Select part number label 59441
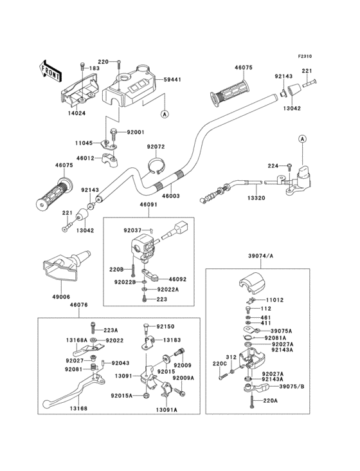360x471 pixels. tap(172, 80)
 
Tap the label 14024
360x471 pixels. tap(76, 113)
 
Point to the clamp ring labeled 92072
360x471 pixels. tap(156, 166)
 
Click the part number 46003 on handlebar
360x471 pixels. tap(171, 196)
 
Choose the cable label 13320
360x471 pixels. tap(256, 198)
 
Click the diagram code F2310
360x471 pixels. tap(305, 56)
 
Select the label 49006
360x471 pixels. tap(61, 297)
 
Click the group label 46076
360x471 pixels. tap(79, 305)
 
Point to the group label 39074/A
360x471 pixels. tap(260, 256)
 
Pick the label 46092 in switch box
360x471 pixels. tap(177, 279)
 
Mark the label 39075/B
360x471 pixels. tap(292, 386)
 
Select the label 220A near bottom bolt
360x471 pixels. tap(270, 400)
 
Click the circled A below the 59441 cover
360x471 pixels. tap(165, 114)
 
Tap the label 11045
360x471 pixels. tap(84, 143)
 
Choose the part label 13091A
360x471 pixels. tap(166, 409)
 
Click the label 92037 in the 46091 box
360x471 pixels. tap(132, 230)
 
